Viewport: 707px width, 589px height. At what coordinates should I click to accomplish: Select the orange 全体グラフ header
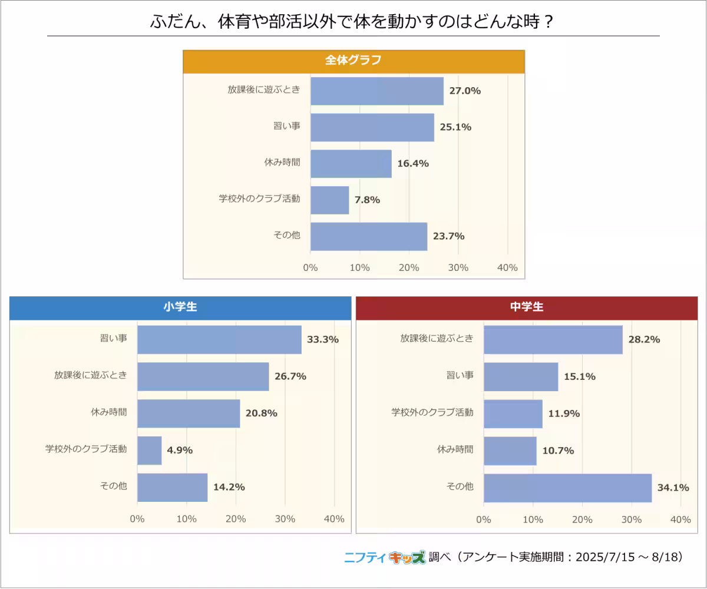(x=353, y=61)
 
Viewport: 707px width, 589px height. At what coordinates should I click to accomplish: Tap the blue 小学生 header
(x=180, y=307)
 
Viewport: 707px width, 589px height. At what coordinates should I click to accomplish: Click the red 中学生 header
(x=527, y=307)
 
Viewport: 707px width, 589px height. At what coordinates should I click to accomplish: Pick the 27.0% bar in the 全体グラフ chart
(x=376, y=91)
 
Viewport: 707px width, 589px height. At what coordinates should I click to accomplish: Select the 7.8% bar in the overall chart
(x=329, y=200)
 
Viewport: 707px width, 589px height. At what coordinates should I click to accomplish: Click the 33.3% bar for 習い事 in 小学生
(x=219, y=339)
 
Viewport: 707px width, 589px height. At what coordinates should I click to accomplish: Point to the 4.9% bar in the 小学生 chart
(x=149, y=450)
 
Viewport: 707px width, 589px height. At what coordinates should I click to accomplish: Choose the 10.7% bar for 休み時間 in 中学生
(x=510, y=450)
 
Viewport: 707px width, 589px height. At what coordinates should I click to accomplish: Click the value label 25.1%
(x=455, y=127)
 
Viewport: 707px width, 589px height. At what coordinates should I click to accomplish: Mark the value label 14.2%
(x=229, y=487)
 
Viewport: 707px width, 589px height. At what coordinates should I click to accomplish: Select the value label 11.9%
(x=564, y=413)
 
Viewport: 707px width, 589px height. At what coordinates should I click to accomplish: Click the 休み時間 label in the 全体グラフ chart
(x=282, y=163)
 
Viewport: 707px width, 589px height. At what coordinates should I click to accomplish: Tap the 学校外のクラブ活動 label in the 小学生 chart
(x=86, y=449)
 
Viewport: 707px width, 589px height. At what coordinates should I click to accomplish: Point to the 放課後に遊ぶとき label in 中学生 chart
(x=437, y=339)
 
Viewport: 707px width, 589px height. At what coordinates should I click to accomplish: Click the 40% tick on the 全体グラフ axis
(x=507, y=268)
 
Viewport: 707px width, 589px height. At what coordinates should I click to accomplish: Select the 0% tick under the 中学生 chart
(x=484, y=519)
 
